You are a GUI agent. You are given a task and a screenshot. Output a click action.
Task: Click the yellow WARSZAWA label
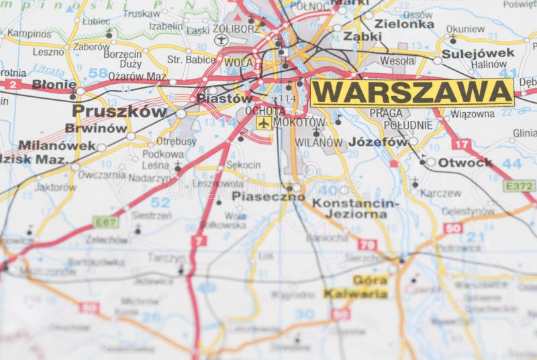point(411,93)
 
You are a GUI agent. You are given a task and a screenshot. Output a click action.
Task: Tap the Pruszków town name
point(119,111)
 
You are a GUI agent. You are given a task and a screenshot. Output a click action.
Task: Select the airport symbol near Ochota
point(264,123)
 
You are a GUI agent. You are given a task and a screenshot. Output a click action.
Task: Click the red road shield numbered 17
point(460,144)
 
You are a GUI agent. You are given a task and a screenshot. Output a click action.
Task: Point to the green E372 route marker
point(520,185)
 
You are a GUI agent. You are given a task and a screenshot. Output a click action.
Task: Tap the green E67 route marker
point(105,221)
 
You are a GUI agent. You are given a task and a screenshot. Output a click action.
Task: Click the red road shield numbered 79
point(367,244)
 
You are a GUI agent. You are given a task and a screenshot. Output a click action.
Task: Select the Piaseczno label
point(268,197)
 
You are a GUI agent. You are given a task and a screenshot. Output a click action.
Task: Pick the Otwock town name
point(465,163)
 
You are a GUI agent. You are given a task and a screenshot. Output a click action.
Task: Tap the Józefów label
point(378,142)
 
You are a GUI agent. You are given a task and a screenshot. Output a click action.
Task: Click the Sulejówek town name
point(478,53)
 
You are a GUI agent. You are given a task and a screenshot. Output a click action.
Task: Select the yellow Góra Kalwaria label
point(356,287)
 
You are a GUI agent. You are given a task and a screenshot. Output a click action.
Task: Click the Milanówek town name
point(57,145)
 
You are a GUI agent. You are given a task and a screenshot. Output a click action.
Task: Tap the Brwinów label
point(96,128)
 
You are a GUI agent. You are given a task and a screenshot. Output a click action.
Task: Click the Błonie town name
point(54,85)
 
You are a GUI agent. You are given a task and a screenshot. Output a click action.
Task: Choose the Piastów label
point(225,98)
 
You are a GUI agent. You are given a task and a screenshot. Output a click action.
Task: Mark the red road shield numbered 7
point(199,240)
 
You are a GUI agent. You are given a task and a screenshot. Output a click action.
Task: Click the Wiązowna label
point(472,114)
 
